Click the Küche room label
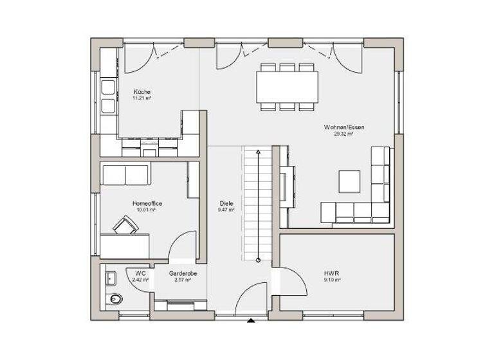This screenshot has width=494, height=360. [x=142, y=92]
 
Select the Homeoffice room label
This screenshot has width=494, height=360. [x=147, y=203]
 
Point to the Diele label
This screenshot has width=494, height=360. [x=226, y=203]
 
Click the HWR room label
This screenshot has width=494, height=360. [x=332, y=273]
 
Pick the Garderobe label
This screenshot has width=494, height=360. [x=183, y=273]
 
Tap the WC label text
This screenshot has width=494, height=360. [x=140, y=273]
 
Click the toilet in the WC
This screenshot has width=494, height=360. [x=114, y=298]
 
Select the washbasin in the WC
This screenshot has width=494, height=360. [x=111, y=278]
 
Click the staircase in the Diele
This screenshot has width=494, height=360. [x=257, y=203]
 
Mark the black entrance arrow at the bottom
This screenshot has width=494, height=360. [x=252, y=320]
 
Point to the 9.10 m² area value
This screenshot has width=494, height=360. [x=332, y=280]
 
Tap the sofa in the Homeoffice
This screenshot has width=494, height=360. [x=125, y=174]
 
